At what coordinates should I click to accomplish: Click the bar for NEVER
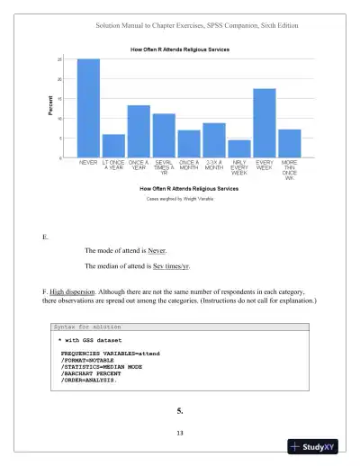coord(88,108)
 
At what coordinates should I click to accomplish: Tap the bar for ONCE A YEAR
coord(139,131)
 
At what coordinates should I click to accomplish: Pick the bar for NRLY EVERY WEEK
coord(238,148)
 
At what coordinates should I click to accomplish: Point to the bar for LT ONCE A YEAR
coord(113,146)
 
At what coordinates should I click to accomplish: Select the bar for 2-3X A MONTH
coord(213,140)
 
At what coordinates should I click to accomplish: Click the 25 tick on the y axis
coord(60,59)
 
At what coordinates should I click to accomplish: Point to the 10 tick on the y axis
coord(60,119)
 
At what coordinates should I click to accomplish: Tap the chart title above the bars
coord(180,49)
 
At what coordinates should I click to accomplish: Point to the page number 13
coord(180,434)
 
